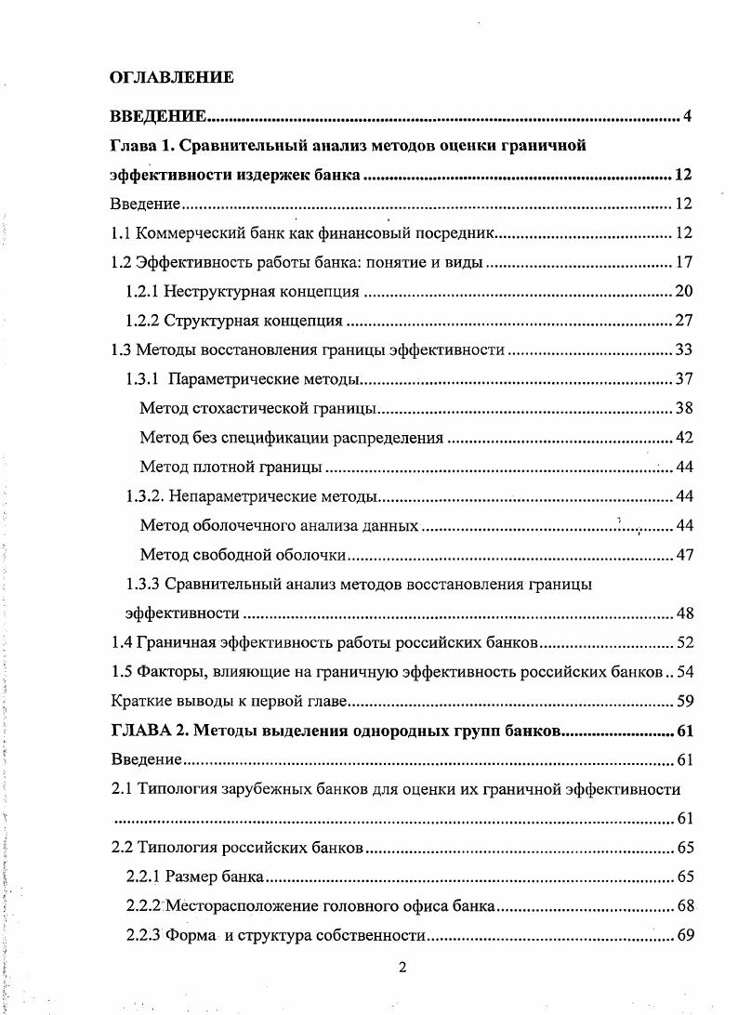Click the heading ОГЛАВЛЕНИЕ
coord(172,77)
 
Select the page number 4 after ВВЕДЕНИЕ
coord(687,116)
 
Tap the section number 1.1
coord(121,233)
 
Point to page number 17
coord(685,263)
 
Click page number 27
coord(685,322)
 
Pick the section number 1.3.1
coord(146,378)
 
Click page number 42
coord(685,437)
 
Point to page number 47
coord(685,555)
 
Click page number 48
coord(685,613)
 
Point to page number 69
coord(685,935)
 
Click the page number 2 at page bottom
coord(402,968)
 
